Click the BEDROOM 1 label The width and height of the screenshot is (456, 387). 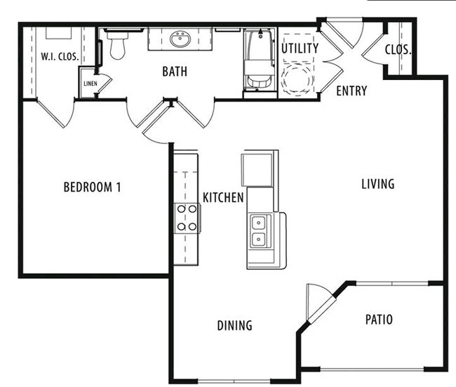[x=93, y=188]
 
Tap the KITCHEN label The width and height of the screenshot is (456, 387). [x=223, y=198]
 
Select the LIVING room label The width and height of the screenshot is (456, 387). [x=377, y=184]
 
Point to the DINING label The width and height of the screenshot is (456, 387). [x=234, y=326]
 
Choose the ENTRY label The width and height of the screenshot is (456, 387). [x=351, y=91]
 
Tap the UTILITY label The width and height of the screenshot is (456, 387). [x=300, y=48]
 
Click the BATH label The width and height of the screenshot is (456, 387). [x=174, y=72]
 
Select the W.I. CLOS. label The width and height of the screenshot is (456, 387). [x=59, y=56]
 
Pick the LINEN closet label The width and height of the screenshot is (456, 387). [x=90, y=84]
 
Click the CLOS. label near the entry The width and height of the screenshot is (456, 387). [x=398, y=50]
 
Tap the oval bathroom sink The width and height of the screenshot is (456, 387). [x=180, y=39]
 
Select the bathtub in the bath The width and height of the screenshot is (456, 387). [x=260, y=60]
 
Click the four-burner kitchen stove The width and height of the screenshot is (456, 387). [x=187, y=218]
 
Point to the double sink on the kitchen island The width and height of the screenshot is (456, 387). [x=258, y=231]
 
